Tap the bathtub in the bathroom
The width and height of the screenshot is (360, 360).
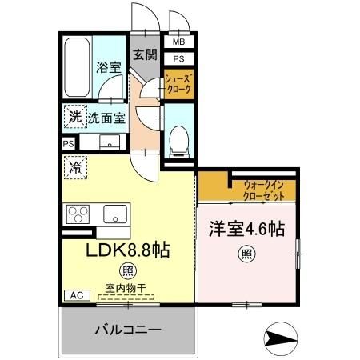79,66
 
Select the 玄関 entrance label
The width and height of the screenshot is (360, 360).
145,55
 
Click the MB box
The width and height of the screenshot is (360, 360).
178,42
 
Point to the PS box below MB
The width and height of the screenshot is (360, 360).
178,58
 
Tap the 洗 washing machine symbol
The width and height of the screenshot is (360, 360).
74,115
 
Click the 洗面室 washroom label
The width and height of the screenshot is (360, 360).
107,117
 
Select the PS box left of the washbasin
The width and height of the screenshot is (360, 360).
68,144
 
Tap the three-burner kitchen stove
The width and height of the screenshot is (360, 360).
80,214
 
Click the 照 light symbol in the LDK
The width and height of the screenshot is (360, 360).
126,270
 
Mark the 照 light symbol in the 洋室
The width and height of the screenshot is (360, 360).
247,256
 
